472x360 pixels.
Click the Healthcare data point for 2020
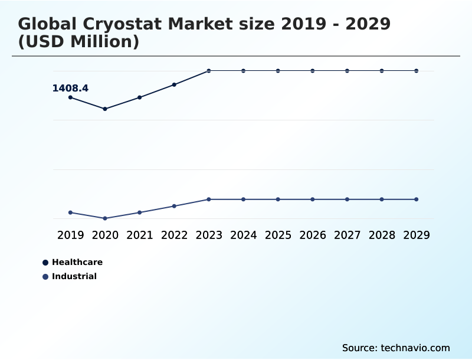(x=105, y=109)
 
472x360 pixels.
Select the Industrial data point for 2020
(x=105, y=218)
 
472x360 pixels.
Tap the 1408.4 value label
(x=70, y=89)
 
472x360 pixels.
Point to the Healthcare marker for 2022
(x=174, y=84)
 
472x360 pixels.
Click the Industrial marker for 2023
(x=209, y=199)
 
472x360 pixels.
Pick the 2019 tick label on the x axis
(x=71, y=235)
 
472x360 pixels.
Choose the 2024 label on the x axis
(x=244, y=235)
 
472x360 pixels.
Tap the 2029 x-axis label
(x=417, y=235)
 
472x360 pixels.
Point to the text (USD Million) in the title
(x=78, y=42)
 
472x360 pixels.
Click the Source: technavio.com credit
(x=396, y=348)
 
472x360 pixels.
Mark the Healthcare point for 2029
(x=417, y=71)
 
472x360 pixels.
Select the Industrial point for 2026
(x=313, y=199)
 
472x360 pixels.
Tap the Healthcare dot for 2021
(x=140, y=97)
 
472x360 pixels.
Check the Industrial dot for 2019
(x=71, y=212)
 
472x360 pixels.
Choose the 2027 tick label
(x=348, y=235)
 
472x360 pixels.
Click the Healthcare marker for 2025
(x=278, y=71)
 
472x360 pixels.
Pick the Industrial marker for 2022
(x=174, y=206)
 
